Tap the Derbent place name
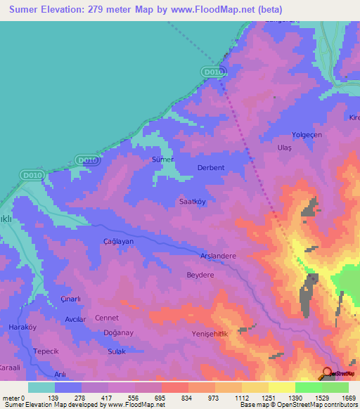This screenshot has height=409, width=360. click(212, 168)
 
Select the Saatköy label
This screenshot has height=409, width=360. click(191, 201)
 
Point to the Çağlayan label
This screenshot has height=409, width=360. click(118, 241)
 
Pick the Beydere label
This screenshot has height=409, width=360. click(200, 275)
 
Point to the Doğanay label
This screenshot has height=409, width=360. click(118, 333)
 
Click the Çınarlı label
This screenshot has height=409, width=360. click(70, 299)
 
